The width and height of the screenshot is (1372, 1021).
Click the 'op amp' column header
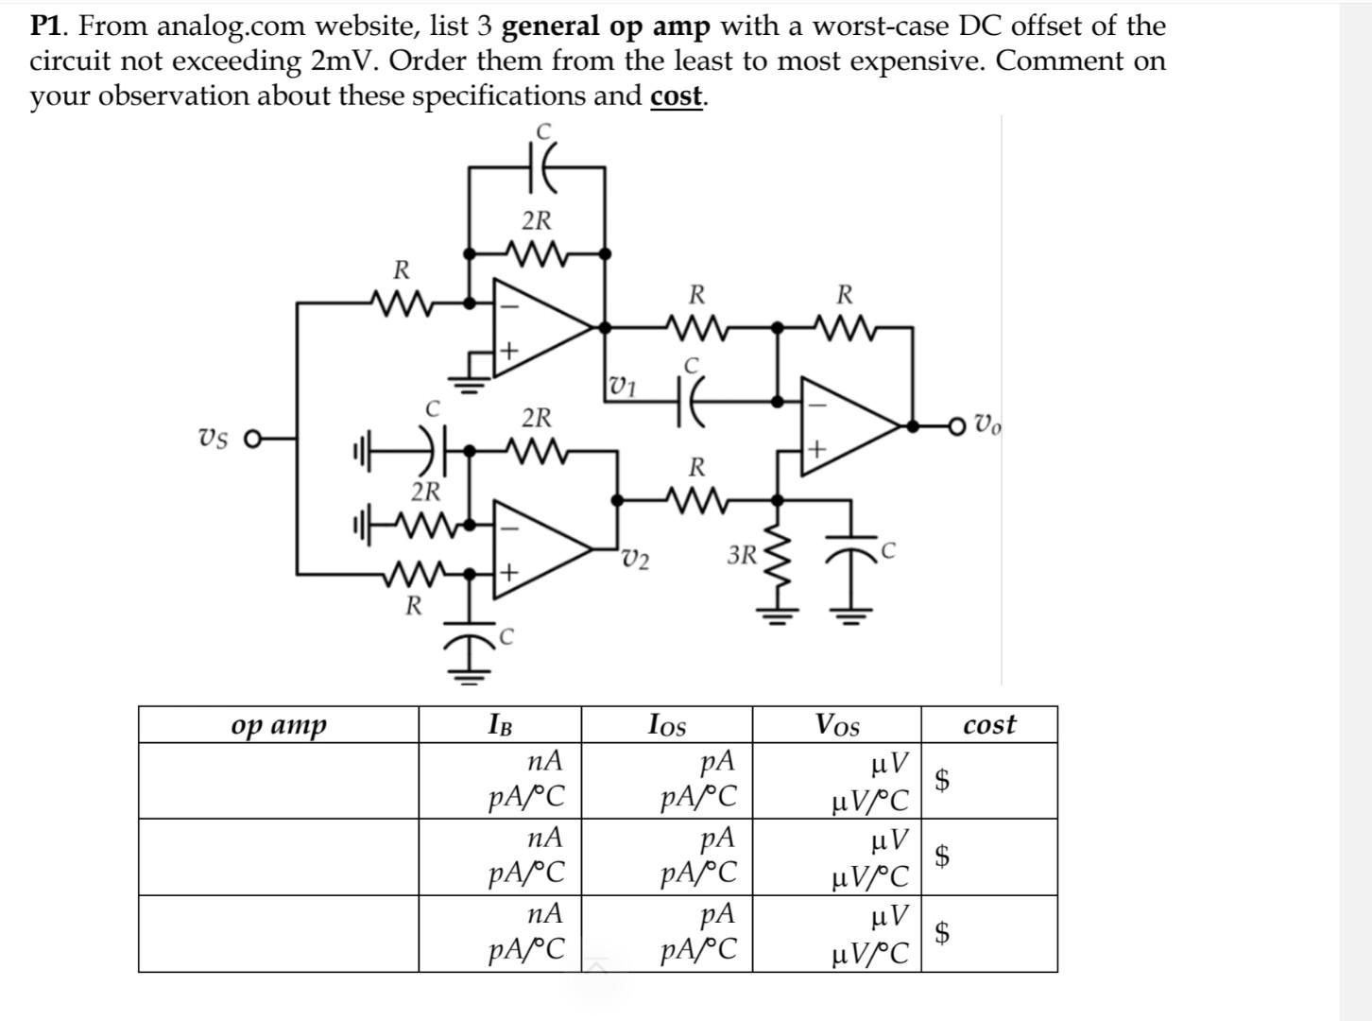click(279, 725)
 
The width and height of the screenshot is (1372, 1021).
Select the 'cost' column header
click(989, 725)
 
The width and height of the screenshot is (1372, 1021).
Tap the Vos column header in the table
click(837, 725)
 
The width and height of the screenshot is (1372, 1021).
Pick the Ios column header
click(667, 725)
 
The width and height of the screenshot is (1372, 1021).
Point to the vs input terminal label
click(214, 439)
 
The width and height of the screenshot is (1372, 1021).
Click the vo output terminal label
click(987, 425)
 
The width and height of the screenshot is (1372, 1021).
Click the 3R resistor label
click(742, 555)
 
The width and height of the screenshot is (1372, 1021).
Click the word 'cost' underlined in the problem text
click(676, 96)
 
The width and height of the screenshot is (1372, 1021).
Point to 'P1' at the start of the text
click(46, 26)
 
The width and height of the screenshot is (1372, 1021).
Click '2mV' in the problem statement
click(345, 61)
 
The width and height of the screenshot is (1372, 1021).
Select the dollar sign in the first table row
click(942, 780)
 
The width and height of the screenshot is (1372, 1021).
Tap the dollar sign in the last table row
click(942, 933)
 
